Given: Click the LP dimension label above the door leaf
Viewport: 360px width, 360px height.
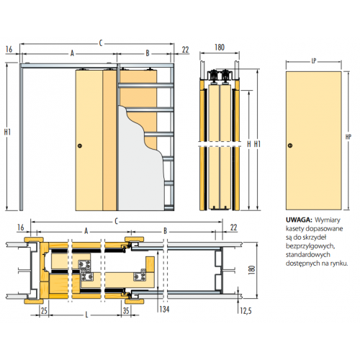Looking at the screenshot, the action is coord(314,61).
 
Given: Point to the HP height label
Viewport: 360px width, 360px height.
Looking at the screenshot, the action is coord(348,137).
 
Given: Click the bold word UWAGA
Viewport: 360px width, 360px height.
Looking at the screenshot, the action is coord(299,220).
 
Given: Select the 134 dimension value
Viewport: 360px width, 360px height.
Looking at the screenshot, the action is coord(164,309).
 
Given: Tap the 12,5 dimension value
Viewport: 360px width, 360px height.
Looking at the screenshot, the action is coord(246,311).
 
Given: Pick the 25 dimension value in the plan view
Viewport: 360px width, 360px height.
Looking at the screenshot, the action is coord(44,311).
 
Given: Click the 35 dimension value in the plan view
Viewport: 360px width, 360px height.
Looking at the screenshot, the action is coord(126,311).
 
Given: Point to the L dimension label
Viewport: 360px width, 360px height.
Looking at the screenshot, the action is coord(86,315).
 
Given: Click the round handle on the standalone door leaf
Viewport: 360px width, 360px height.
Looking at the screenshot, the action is coord(290,145).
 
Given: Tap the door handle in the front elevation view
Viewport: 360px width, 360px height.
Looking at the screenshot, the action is coord(80,145).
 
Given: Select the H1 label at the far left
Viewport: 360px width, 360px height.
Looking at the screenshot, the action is coord(7,132).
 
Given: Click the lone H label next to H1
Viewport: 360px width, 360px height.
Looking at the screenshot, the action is coord(249,144).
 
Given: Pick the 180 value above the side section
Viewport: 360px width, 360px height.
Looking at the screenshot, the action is coord(220,48).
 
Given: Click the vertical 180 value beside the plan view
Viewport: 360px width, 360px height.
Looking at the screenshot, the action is coord(252,270).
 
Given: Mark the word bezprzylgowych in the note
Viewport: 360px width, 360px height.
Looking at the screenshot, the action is coord(310,246).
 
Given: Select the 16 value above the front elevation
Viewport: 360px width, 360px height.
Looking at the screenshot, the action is coord(9,49).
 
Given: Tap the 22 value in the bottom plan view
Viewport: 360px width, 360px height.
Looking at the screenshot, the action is coord(233,228).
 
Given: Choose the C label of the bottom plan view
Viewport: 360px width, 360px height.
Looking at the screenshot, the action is coord(117,221).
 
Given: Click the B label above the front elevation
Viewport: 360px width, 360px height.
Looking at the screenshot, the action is coord(148,53).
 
